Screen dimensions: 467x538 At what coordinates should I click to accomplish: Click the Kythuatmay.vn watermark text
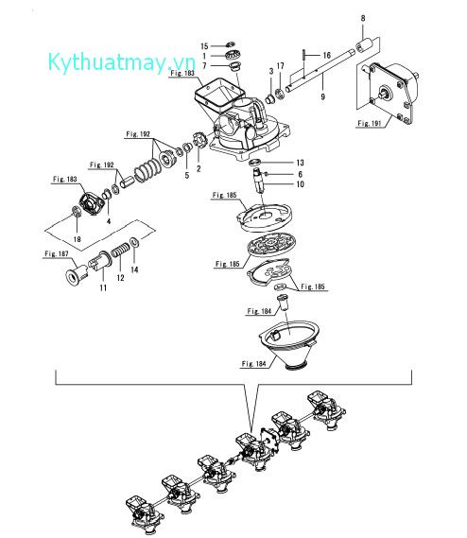(x=121, y=62)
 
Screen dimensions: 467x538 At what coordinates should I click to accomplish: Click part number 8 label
(x=363, y=19)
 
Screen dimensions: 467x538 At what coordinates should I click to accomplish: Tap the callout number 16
(x=327, y=55)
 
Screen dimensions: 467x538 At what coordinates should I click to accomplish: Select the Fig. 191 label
(x=370, y=123)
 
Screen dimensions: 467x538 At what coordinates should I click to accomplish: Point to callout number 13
(x=300, y=163)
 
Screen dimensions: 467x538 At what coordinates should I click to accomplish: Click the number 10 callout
(x=300, y=184)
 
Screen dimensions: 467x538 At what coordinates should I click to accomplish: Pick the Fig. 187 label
(x=57, y=254)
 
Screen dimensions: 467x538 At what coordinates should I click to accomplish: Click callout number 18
(x=78, y=239)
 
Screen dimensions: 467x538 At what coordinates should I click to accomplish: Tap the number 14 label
(x=134, y=270)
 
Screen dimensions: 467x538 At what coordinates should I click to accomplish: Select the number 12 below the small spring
(x=120, y=278)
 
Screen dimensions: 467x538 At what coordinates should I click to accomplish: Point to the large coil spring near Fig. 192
(x=147, y=170)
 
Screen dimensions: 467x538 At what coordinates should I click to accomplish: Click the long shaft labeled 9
(x=320, y=71)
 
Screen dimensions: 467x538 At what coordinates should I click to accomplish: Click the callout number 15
(x=204, y=46)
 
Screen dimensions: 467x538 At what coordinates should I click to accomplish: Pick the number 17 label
(x=281, y=66)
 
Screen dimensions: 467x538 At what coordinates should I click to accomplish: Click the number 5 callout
(x=187, y=176)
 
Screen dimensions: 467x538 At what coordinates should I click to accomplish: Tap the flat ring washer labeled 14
(x=135, y=242)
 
